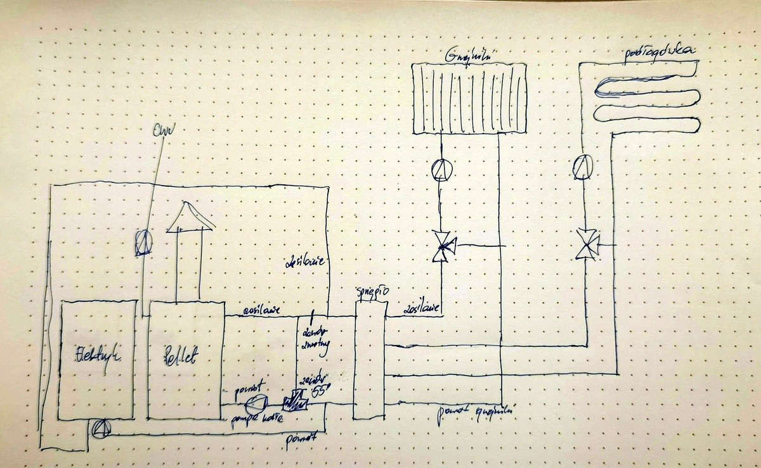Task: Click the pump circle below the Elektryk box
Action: coord(100,429)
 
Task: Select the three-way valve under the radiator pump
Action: coord(442,244)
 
